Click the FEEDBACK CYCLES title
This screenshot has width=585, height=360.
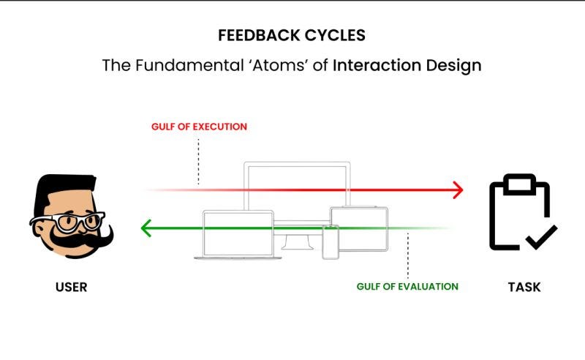click(x=292, y=35)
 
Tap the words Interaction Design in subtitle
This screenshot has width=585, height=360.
click(x=407, y=65)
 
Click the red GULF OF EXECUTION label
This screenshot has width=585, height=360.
click(x=199, y=127)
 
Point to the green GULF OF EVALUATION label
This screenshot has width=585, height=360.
click(x=407, y=286)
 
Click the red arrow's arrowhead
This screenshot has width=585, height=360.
click(x=458, y=190)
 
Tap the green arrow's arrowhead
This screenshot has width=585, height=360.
click(x=146, y=228)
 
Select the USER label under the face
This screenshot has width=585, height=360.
click(x=71, y=288)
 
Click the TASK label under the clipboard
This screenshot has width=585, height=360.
click(x=524, y=288)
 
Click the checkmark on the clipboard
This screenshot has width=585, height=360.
click(x=541, y=236)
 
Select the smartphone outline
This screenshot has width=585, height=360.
click(x=331, y=241)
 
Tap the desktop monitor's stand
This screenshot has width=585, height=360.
click(x=297, y=241)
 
